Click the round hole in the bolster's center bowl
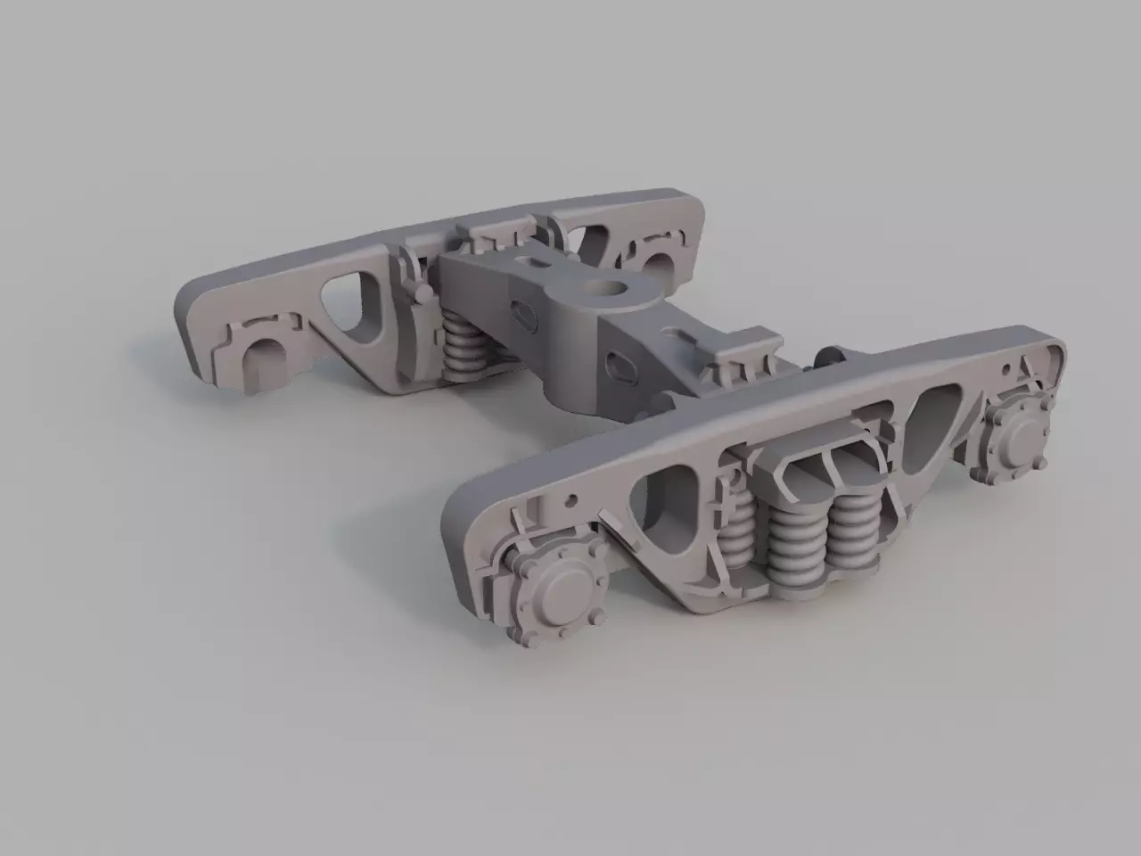(614, 289)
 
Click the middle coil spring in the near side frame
(792, 546)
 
